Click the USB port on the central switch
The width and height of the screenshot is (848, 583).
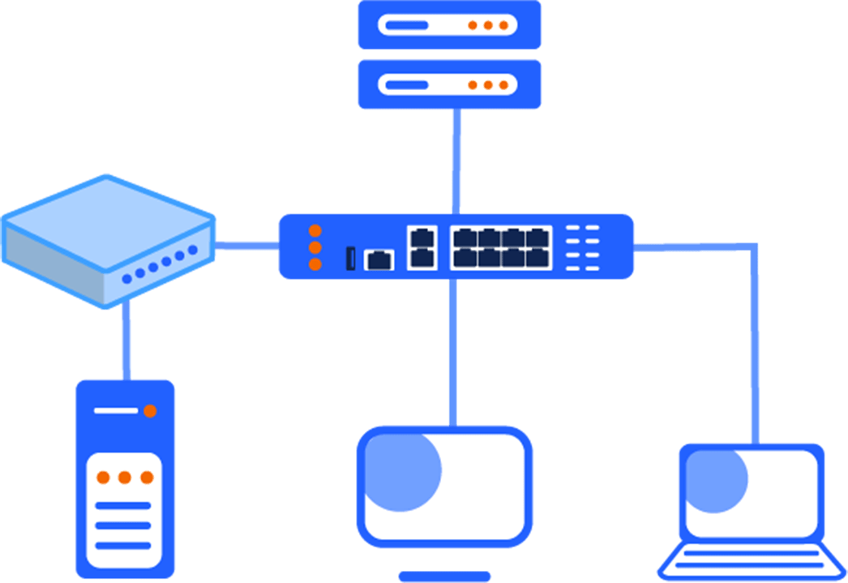(351, 258)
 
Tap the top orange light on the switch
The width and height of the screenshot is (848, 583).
(315, 231)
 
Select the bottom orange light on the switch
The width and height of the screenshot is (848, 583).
(315, 264)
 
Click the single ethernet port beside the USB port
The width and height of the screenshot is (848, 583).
(379, 259)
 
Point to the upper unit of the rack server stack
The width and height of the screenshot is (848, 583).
(450, 25)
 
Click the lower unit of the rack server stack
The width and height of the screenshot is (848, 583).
(450, 84)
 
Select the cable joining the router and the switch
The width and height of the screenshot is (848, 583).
(246, 245)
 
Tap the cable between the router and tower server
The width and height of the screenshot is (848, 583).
(126, 341)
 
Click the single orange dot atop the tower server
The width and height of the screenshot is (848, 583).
(150, 411)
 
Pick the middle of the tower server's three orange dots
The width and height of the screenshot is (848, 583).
(124, 478)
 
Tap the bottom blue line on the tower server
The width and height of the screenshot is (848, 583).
(123, 545)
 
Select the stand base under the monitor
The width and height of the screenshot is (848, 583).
(444, 577)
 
